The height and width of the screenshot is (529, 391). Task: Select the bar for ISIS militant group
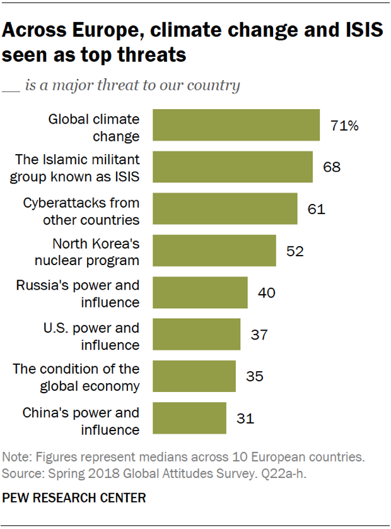233,167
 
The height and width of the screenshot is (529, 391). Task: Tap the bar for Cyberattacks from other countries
225,208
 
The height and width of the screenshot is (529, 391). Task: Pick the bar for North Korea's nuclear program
214,251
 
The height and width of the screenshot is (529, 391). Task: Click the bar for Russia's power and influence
200,292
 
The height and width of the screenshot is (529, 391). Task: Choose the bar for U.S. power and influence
197,334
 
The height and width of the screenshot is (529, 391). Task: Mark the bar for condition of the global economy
194,376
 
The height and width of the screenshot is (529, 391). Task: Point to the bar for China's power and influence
189,418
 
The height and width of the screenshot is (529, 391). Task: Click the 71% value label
344,126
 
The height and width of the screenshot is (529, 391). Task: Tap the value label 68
332,167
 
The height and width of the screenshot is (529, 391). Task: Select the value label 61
316,209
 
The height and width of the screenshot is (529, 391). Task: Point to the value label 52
295,251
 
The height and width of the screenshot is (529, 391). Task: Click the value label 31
245,419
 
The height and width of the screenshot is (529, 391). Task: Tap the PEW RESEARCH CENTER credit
74,498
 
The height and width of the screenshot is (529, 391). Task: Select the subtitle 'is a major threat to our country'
132,85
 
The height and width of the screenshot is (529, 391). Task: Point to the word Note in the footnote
16,456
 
